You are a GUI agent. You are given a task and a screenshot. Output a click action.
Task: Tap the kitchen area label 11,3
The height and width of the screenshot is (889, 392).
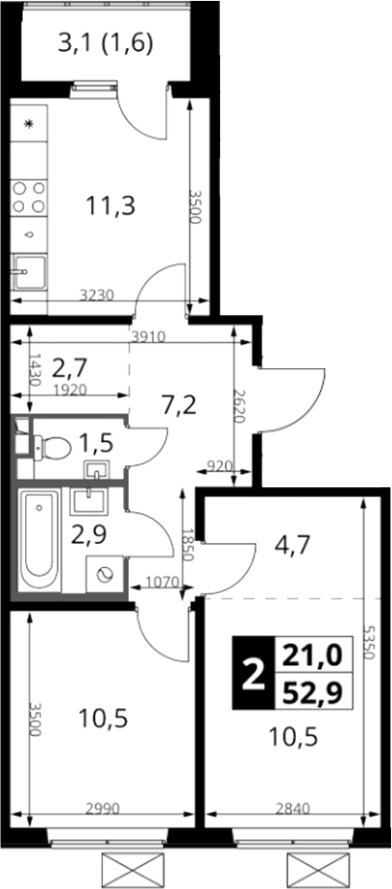[110, 206]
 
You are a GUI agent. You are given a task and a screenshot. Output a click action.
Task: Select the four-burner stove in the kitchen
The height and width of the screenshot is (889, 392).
[29, 197]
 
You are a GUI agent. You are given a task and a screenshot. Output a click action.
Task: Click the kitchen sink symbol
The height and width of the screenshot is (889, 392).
[29, 272]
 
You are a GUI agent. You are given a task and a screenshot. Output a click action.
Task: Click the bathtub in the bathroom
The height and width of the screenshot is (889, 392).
[38, 540]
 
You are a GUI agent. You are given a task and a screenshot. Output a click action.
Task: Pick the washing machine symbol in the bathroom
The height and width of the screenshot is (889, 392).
[105, 575]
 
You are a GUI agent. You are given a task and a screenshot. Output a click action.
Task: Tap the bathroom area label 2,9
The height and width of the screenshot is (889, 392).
[89, 534]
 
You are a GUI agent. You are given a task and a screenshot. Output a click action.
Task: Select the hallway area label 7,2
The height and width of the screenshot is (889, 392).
[179, 406]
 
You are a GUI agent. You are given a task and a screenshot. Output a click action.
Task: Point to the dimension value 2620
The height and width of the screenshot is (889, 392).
[238, 407]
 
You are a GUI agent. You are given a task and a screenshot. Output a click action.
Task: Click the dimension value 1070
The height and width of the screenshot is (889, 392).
[162, 580]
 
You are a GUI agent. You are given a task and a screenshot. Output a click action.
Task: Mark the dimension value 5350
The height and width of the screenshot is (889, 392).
[369, 641]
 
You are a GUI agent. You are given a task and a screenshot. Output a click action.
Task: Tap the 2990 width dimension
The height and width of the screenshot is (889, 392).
[104, 809]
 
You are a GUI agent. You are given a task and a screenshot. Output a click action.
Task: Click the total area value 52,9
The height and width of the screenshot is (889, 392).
[313, 692]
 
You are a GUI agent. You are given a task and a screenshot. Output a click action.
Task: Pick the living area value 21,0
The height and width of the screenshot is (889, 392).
[313, 656]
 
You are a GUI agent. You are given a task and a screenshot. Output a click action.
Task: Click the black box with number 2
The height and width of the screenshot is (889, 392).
[254, 674]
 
